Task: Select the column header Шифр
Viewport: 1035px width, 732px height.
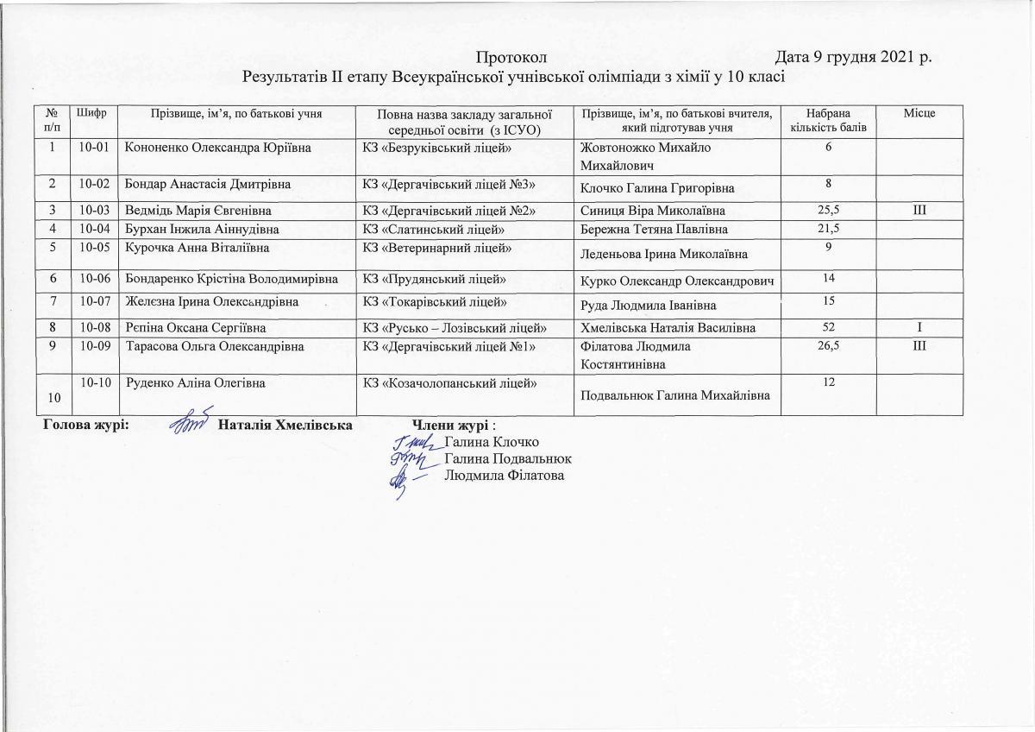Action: (x=93, y=113)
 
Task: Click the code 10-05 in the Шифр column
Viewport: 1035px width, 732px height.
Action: (x=93, y=249)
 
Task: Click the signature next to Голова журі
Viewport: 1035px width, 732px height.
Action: (x=187, y=425)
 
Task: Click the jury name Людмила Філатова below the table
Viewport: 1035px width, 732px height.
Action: (x=504, y=476)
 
